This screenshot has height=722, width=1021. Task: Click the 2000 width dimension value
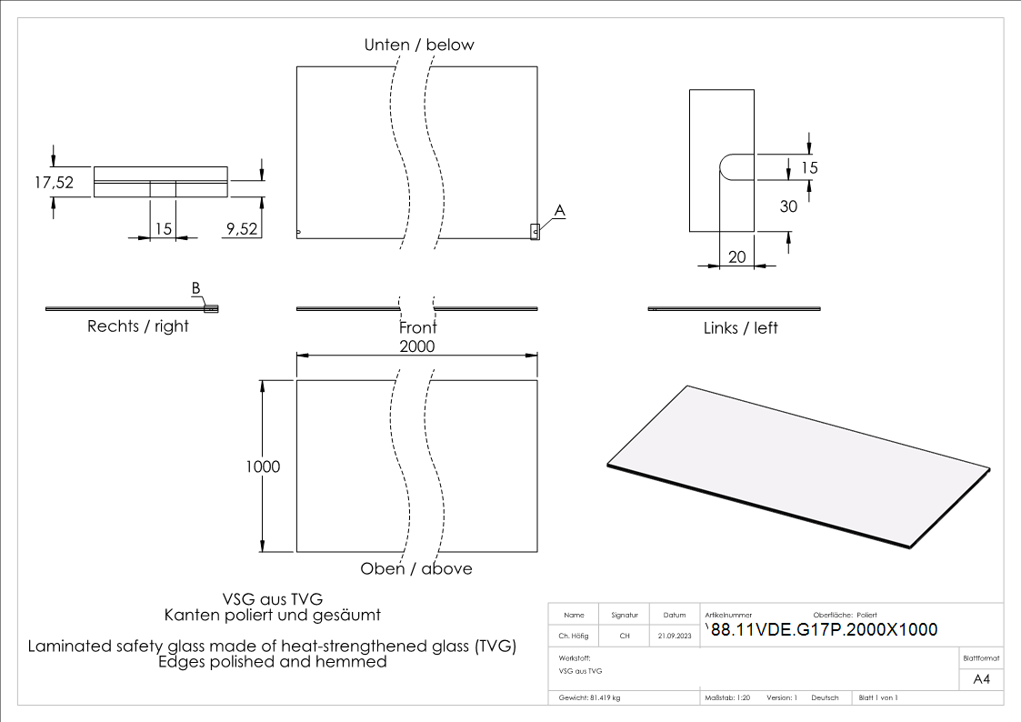pyautogui.click(x=417, y=346)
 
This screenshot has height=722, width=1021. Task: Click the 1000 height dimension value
pyautogui.click(x=263, y=466)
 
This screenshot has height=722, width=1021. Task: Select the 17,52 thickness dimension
pyautogui.click(x=54, y=182)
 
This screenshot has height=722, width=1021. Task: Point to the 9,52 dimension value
pyautogui.click(x=241, y=230)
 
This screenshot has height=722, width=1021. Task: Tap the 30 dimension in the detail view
pyautogui.click(x=788, y=206)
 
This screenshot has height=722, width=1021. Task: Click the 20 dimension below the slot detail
pyautogui.click(x=737, y=257)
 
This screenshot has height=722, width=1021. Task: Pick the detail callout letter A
pyautogui.click(x=560, y=210)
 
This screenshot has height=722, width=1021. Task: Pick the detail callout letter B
pyautogui.click(x=195, y=288)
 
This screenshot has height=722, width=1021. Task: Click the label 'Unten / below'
pyautogui.click(x=419, y=45)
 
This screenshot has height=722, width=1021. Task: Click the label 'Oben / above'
pyautogui.click(x=416, y=568)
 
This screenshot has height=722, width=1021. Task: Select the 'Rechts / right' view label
pyautogui.click(x=138, y=326)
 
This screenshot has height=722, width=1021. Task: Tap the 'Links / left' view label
pyautogui.click(x=741, y=327)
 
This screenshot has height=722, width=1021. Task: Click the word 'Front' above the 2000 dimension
pyautogui.click(x=417, y=327)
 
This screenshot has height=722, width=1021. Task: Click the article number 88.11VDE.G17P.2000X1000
pyautogui.click(x=824, y=629)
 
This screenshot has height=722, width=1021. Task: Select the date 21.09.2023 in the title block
pyautogui.click(x=674, y=637)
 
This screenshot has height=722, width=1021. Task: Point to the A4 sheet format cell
pyautogui.click(x=981, y=679)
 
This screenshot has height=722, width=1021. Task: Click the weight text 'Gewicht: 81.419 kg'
pyautogui.click(x=591, y=697)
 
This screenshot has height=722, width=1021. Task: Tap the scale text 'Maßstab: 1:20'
pyautogui.click(x=727, y=697)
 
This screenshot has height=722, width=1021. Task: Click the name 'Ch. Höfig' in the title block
pyautogui.click(x=574, y=637)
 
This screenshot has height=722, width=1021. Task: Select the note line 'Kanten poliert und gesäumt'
pyautogui.click(x=272, y=616)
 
